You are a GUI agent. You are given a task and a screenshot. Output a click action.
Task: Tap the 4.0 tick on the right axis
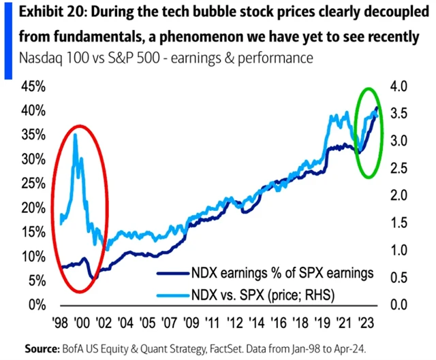[399, 87]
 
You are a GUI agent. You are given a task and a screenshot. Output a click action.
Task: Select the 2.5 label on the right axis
[399, 169]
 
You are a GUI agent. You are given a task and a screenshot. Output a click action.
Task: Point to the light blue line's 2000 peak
[74, 135]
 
